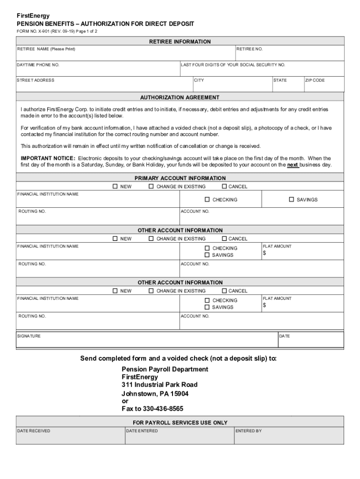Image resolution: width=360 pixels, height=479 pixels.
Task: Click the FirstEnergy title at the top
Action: pyautogui.click(x=33, y=15)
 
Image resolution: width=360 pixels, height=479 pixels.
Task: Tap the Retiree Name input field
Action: pyautogui.click(x=125, y=53)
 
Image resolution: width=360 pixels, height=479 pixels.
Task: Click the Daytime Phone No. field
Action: pyautogui.click(x=98, y=69)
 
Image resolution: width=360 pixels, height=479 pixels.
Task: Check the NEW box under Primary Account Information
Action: pyautogui.click(x=115, y=187)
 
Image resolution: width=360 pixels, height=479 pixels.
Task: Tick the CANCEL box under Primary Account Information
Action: pyautogui.click(x=224, y=187)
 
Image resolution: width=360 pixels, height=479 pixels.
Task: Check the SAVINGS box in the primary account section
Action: pyautogui.click(x=292, y=200)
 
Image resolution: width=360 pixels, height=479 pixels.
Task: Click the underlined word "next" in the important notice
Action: pyautogui.click(x=293, y=165)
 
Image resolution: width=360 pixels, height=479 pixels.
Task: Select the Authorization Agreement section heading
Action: pyautogui.click(x=180, y=97)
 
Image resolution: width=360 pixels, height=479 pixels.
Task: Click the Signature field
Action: pyautogui.click(x=147, y=341)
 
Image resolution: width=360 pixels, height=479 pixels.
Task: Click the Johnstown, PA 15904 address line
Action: pyautogui.click(x=155, y=393)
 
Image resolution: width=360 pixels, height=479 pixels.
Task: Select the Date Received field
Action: pyautogui.click(x=70, y=436)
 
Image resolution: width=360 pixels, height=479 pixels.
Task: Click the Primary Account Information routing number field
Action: pyautogui.click(x=98, y=217)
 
